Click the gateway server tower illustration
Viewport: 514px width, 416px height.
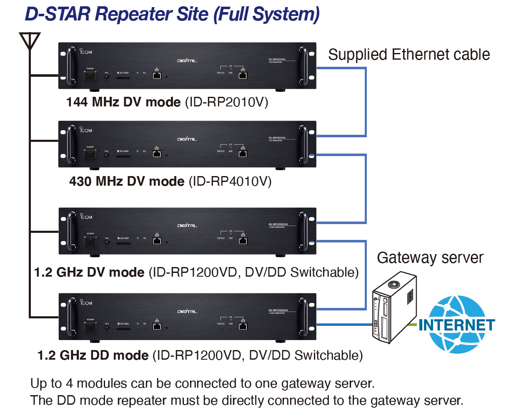pyautogui.click(x=394, y=307)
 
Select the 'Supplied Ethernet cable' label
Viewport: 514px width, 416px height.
pyautogui.click(x=409, y=55)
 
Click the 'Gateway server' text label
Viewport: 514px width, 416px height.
pyautogui.click(x=430, y=258)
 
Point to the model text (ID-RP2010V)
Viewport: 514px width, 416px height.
pyautogui.click(x=226, y=102)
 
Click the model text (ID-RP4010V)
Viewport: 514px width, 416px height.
pyautogui.click(x=230, y=182)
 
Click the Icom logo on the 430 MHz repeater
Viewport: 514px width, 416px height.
pyautogui.click(x=85, y=130)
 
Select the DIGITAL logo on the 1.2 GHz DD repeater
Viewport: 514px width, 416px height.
pyautogui.click(x=187, y=311)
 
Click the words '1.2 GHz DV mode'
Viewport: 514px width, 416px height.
pyautogui.click(x=89, y=272)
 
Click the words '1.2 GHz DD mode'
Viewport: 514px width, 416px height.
pyautogui.click(x=93, y=355)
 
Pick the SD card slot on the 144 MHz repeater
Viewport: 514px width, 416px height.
pyautogui.click(x=123, y=77)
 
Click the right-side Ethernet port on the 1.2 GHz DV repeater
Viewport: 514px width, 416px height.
pyautogui.click(x=243, y=241)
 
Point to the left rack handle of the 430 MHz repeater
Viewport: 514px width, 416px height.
pyautogui.click(x=70, y=144)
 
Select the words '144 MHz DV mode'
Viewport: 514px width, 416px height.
pyautogui.click(x=123, y=102)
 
